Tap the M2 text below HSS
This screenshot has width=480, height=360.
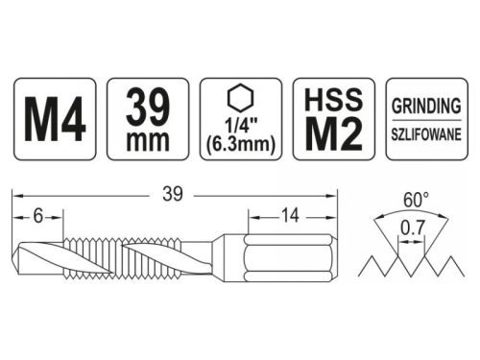point(331,133)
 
